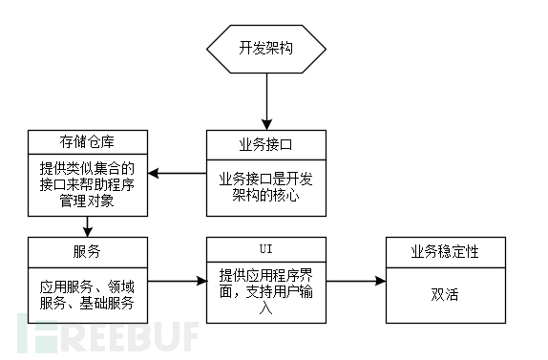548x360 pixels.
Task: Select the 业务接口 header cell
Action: (x=266, y=144)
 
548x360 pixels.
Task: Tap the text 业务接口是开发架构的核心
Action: (x=266, y=184)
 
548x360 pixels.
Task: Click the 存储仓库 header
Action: (x=87, y=144)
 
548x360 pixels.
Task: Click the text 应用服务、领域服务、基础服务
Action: (x=87, y=293)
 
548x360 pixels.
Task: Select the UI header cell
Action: (x=266, y=249)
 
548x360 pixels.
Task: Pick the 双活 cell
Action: (x=445, y=293)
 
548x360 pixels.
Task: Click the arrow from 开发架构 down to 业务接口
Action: (x=266, y=100)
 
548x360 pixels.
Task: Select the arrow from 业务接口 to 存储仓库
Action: (x=178, y=173)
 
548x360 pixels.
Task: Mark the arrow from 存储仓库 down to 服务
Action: (x=87, y=226)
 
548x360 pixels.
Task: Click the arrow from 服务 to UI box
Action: (x=178, y=282)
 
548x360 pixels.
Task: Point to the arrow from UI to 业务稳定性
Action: (x=356, y=282)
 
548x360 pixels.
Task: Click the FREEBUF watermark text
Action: (x=105, y=336)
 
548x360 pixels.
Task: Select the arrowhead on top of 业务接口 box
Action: (x=266, y=125)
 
